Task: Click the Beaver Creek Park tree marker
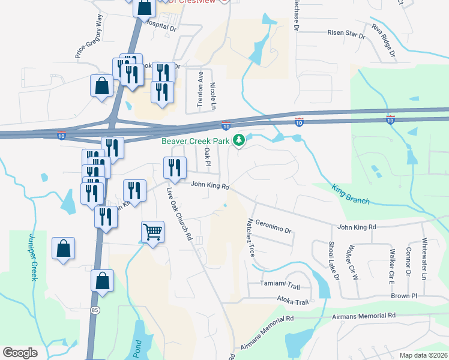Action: point(240,140)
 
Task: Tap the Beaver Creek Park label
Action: point(196,141)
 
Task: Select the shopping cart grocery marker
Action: point(153,232)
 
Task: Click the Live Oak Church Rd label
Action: point(178,214)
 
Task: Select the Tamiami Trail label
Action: point(280,284)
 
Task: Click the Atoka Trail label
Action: point(292,301)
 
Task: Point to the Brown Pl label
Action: point(403,296)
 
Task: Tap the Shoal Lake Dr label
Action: point(333,261)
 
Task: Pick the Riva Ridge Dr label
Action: point(384,42)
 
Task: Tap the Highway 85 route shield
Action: point(95,310)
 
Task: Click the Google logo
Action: point(20,353)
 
